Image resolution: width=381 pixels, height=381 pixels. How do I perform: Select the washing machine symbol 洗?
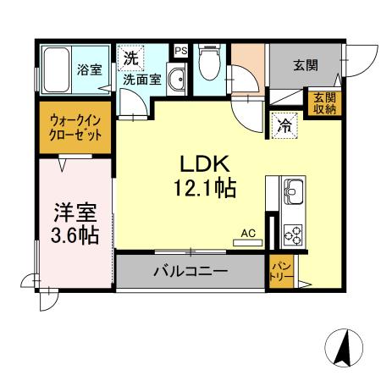coord(130,59)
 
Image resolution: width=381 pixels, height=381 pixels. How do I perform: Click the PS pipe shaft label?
coord(179,51)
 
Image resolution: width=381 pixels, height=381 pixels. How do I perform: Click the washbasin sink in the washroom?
coord(175,81)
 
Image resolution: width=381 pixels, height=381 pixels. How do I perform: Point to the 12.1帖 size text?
coord(204,187)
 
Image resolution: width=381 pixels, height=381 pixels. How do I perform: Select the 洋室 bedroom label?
coord(72,210)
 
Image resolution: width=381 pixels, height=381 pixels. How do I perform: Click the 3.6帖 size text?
coord(72,235)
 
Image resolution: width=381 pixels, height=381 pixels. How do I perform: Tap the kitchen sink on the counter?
coord(293,190)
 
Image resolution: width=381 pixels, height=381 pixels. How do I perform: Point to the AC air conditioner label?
coord(247,231)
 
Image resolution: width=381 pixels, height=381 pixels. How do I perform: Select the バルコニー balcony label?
coord(190,273)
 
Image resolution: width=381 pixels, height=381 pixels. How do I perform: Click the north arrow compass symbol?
coord(345,347)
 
